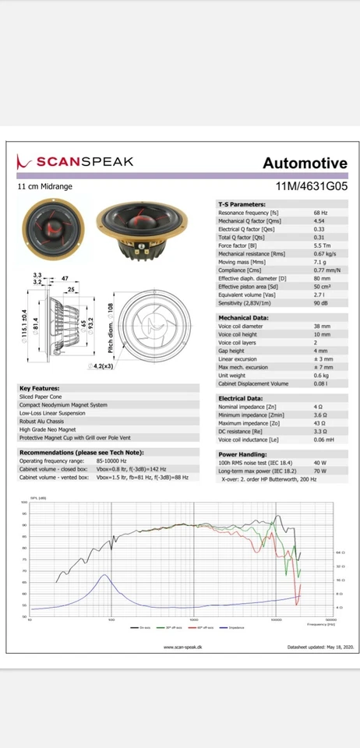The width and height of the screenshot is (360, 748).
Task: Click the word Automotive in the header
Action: tap(305, 163)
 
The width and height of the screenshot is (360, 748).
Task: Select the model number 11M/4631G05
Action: tap(312, 187)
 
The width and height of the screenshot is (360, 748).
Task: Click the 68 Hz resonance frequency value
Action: tap(320, 213)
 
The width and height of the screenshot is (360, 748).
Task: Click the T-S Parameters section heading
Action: tap(244, 204)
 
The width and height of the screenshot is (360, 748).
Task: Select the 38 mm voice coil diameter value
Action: tap(321, 326)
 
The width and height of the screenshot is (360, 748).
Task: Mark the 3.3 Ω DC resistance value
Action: tap(320, 431)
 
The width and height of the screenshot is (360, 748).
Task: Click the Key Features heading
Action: tap(39, 388)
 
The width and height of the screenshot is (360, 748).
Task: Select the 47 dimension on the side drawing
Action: tap(65, 278)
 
